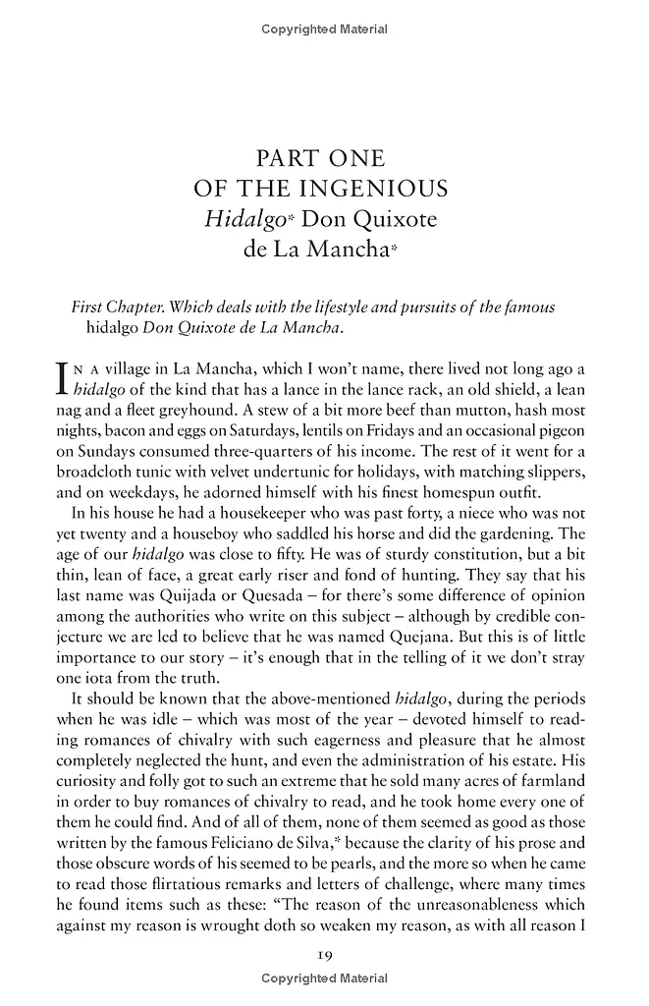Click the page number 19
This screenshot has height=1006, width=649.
point(324,956)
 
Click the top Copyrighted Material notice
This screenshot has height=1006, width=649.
point(324,29)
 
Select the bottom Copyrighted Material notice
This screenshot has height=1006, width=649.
point(324,978)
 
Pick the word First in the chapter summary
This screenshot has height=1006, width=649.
point(93,307)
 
